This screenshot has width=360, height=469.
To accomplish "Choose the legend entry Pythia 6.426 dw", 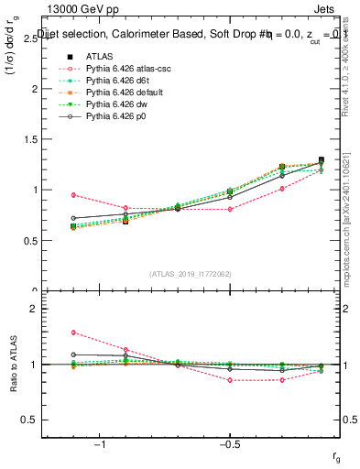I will (106, 104).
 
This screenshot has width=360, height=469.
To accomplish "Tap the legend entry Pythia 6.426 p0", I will (106, 116).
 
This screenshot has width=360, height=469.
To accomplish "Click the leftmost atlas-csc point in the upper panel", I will (73, 194).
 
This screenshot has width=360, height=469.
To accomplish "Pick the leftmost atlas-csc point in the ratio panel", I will (73, 333).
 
